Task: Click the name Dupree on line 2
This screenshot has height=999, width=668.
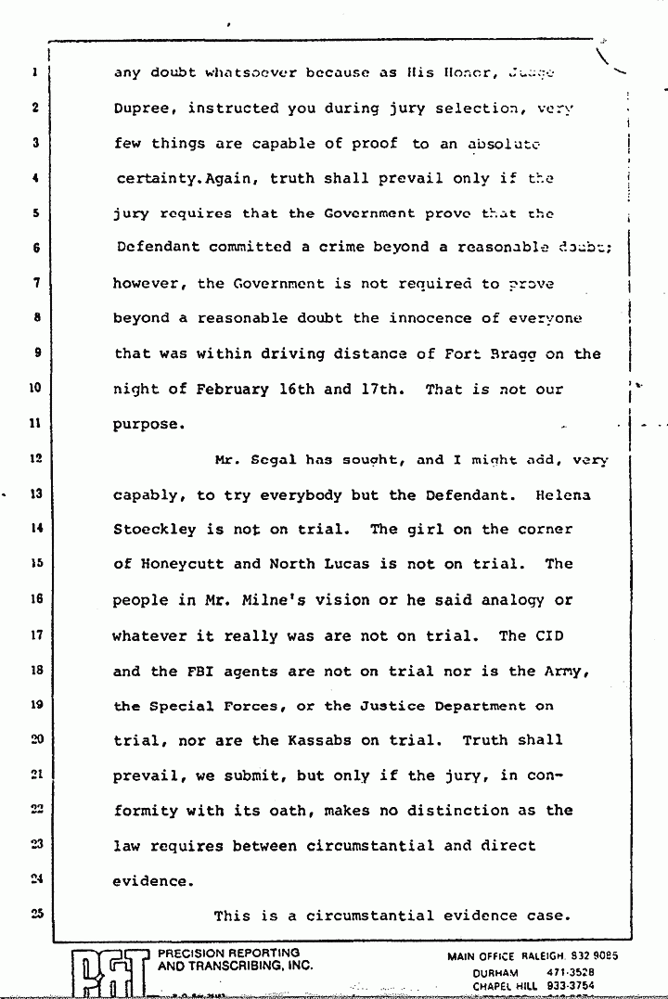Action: tap(146, 109)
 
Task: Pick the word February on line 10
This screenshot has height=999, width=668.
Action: tap(231, 389)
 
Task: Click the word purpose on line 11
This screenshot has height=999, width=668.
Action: tap(145, 424)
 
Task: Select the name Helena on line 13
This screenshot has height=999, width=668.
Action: tap(563, 494)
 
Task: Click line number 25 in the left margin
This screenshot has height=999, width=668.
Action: tap(36, 914)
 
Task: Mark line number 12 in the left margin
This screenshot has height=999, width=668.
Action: tap(36, 458)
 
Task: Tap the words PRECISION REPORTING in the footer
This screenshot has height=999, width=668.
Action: tap(229, 953)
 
